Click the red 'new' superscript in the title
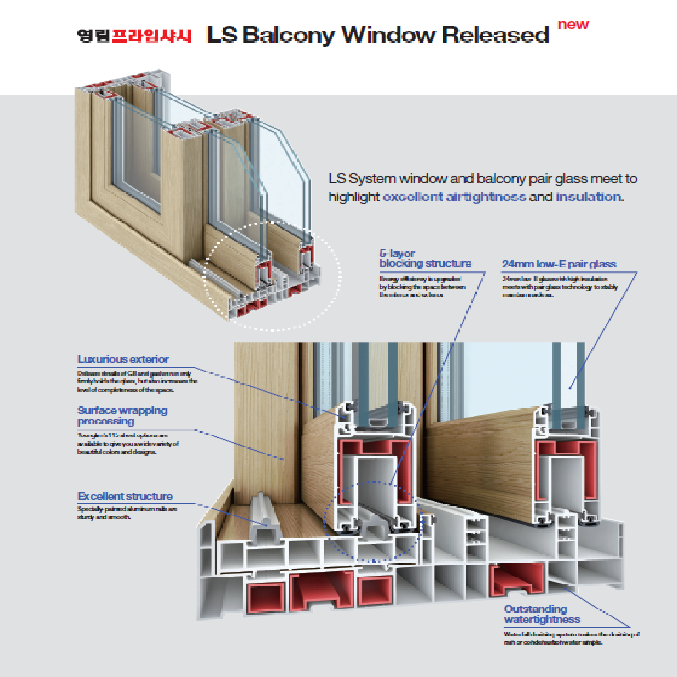(x=573, y=25)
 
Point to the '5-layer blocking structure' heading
(x=424, y=258)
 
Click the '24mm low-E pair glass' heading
(x=559, y=264)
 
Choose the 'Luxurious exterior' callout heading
(x=123, y=359)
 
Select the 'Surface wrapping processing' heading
(x=122, y=416)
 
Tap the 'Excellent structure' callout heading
(x=125, y=496)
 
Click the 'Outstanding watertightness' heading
(x=542, y=614)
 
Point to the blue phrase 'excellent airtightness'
(x=454, y=197)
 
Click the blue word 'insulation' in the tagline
(x=588, y=197)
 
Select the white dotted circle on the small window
(x=272, y=276)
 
